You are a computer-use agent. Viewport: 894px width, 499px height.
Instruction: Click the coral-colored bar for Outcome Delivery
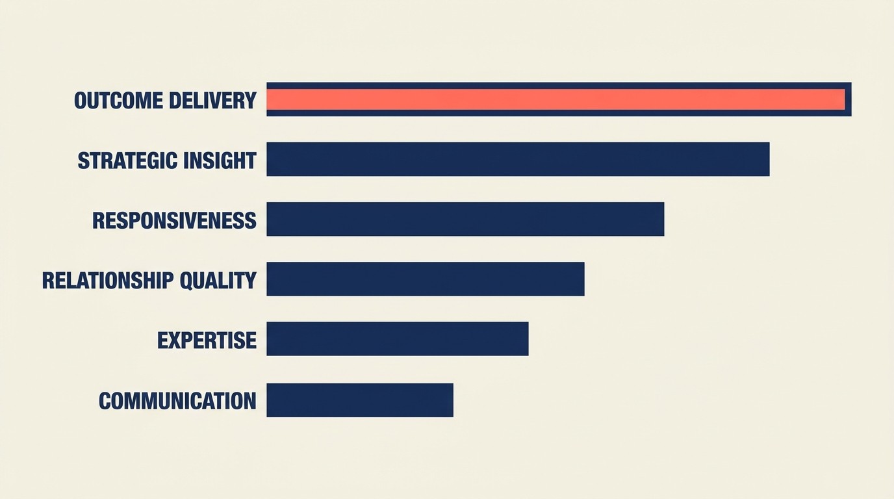(556, 99)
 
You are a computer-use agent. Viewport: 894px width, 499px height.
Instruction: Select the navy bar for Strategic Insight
(518, 159)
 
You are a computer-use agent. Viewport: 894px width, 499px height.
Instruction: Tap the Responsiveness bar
(465, 219)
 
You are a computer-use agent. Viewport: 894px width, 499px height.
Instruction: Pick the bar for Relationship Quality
(425, 279)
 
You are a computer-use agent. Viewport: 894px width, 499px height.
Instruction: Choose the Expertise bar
(397, 339)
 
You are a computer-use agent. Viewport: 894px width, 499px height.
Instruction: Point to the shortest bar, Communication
(359, 400)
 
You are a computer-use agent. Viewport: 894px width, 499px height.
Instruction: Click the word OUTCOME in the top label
(118, 101)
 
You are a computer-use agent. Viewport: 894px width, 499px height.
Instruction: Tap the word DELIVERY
(212, 101)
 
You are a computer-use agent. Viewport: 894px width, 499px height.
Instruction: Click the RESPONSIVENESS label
(174, 221)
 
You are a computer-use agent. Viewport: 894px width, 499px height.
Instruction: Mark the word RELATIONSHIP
(108, 281)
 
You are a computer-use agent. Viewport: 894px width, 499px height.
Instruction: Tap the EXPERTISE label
(207, 340)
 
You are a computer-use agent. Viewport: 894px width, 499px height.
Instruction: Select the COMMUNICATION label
(177, 401)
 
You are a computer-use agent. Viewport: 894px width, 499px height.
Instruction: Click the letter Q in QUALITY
(186, 281)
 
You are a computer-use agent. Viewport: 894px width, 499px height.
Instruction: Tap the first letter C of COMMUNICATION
(105, 401)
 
